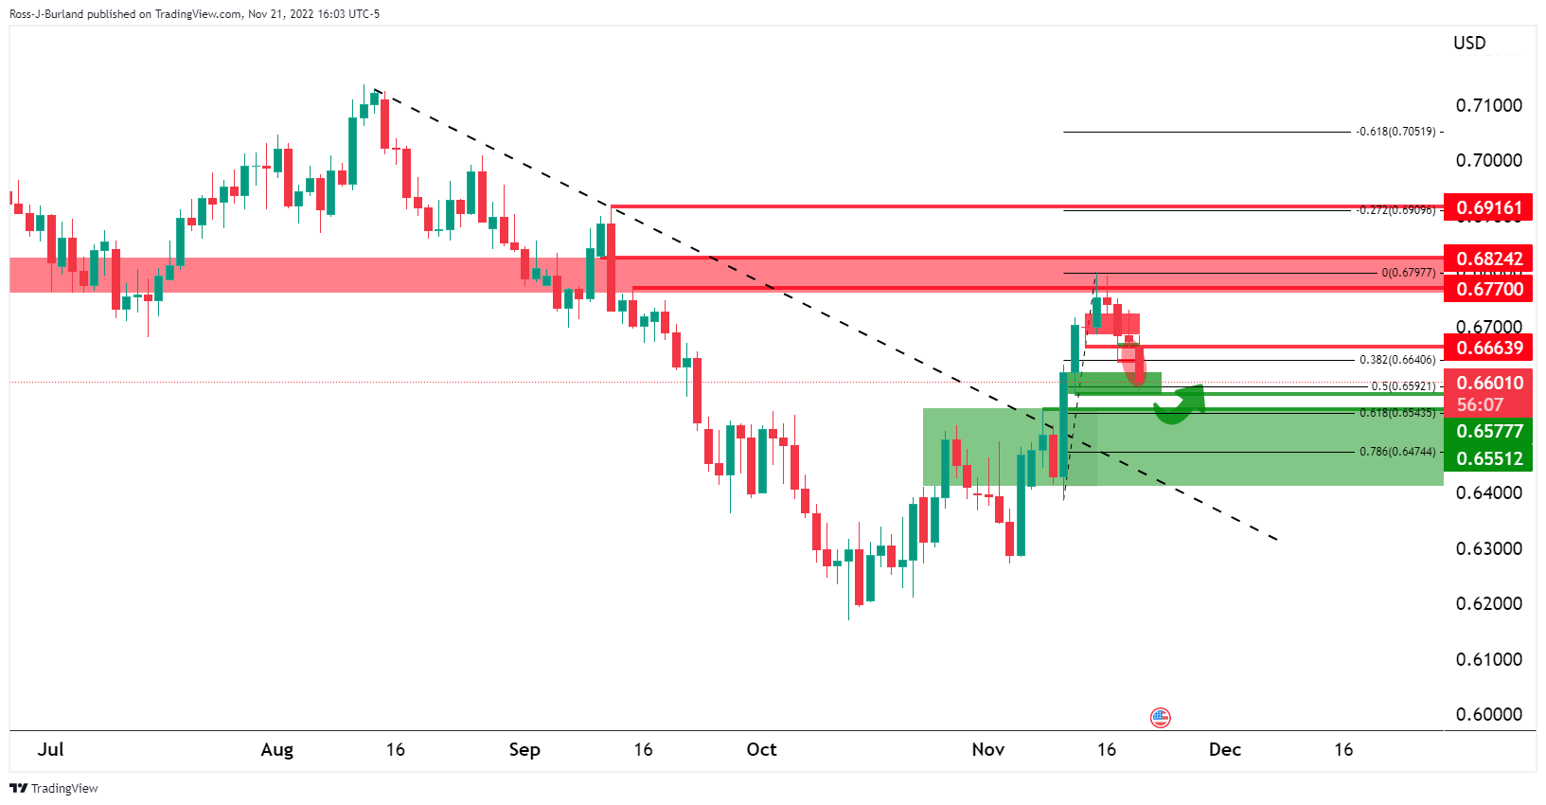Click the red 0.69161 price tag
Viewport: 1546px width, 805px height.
pyautogui.click(x=1489, y=207)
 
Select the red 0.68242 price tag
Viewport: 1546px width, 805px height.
pyautogui.click(x=1489, y=259)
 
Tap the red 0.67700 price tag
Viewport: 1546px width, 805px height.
pyautogui.click(x=1489, y=289)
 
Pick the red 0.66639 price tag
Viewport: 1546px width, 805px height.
pyautogui.click(x=1489, y=348)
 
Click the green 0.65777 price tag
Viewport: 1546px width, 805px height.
pyautogui.click(x=1489, y=432)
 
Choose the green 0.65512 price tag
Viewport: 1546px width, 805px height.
pyautogui.click(x=1489, y=458)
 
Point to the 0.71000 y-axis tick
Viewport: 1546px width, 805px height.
pyautogui.click(x=1489, y=105)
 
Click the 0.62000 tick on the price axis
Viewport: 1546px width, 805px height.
pyautogui.click(x=1489, y=603)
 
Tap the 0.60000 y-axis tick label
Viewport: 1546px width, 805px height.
pyautogui.click(x=1489, y=714)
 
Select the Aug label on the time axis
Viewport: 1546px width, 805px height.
pyautogui.click(x=276, y=750)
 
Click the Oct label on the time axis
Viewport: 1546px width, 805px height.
pyautogui.click(x=761, y=750)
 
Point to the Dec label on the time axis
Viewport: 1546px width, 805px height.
pyautogui.click(x=1224, y=750)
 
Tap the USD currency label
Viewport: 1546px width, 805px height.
pyautogui.click(x=1469, y=43)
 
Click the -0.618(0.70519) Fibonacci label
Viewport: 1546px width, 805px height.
pyautogui.click(x=1395, y=132)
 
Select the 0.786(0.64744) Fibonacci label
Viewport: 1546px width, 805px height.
pyautogui.click(x=1396, y=452)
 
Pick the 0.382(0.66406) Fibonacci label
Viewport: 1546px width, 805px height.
pyautogui.click(x=1396, y=360)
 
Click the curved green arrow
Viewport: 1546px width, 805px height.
pyautogui.click(x=1180, y=404)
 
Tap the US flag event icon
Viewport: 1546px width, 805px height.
pyautogui.click(x=1161, y=717)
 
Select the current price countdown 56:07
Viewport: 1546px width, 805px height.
pyautogui.click(x=1480, y=405)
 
